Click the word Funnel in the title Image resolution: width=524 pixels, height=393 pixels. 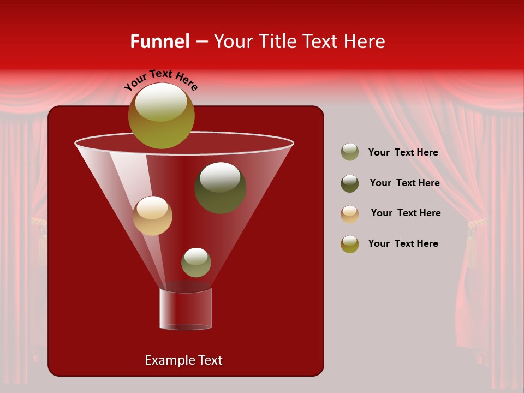pos(159,41)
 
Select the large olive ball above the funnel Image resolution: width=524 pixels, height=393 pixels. pos(161,116)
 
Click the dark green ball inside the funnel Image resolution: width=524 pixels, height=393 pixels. pos(220,187)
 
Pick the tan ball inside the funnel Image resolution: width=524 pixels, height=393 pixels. pos(152,216)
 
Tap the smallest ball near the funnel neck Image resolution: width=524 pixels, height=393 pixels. pos(196,262)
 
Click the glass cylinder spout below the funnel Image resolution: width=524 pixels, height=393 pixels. pos(186,309)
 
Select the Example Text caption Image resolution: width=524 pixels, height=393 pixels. pos(183,360)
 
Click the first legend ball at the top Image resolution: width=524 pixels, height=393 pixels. pos(350,152)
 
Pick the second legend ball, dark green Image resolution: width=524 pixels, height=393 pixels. pos(350,183)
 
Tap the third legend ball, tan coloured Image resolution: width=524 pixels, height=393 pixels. pos(350,214)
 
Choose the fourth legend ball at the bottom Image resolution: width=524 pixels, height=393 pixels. pos(350,244)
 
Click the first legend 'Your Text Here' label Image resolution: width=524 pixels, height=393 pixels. pos(403,152)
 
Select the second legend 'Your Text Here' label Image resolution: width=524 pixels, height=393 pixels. pos(404,183)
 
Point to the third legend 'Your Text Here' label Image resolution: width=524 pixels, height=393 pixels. pos(406,213)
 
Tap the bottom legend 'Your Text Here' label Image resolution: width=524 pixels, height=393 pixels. pos(403,243)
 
